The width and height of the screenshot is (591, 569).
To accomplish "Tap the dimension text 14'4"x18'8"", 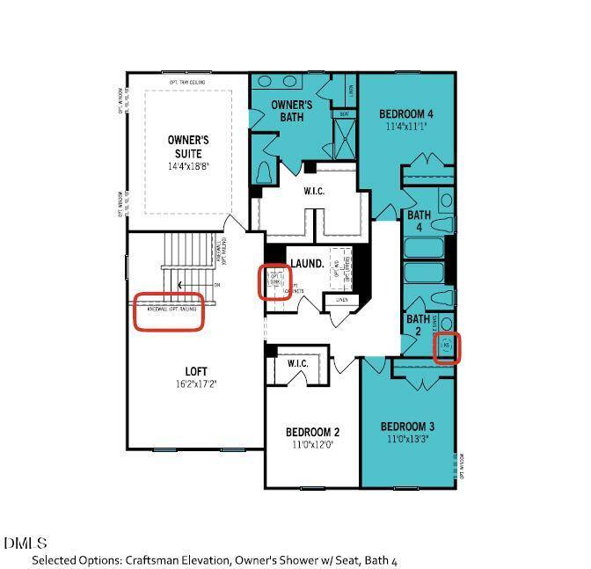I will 187,166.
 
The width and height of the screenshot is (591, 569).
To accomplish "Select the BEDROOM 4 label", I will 405,114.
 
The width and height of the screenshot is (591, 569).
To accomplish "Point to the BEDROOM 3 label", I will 407,427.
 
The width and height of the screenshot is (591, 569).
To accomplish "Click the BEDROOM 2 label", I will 312,432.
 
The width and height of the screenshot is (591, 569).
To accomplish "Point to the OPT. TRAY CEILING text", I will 187,83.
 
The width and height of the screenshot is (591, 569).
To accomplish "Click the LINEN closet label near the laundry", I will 341,300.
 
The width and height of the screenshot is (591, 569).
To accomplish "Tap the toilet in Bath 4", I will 445,200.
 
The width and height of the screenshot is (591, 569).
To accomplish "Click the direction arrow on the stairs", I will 181,284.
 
